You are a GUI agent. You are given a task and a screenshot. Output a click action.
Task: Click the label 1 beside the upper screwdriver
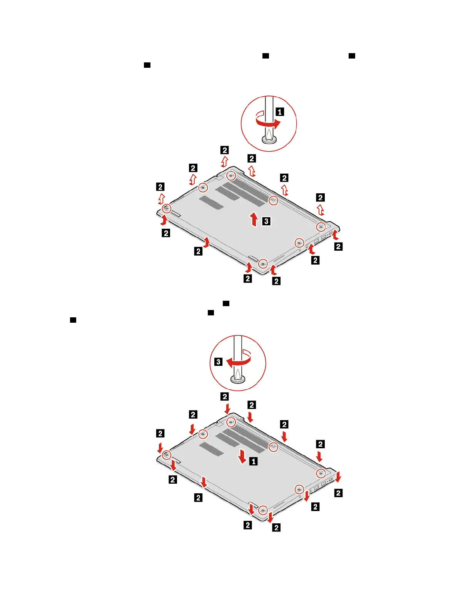point(280,112)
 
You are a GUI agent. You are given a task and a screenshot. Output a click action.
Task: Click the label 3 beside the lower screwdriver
point(218,362)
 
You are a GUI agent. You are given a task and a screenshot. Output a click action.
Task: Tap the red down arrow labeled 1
point(242,456)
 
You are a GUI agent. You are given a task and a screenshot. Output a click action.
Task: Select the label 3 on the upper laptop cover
point(266,221)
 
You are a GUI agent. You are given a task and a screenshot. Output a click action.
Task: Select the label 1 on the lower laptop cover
point(253,461)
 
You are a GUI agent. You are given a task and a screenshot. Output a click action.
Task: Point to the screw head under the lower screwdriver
point(238,379)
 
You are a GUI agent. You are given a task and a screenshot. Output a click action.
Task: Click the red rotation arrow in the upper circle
point(268,122)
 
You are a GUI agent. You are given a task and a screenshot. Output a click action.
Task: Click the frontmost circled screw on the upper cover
point(262,264)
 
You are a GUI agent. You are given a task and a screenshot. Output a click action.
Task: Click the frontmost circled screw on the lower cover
point(262,510)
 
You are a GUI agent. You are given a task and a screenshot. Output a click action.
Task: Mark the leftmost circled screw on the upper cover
point(166,209)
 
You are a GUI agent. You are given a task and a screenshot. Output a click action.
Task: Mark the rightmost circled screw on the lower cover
point(321,473)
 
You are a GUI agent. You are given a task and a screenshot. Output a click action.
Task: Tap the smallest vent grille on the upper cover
point(211,202)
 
